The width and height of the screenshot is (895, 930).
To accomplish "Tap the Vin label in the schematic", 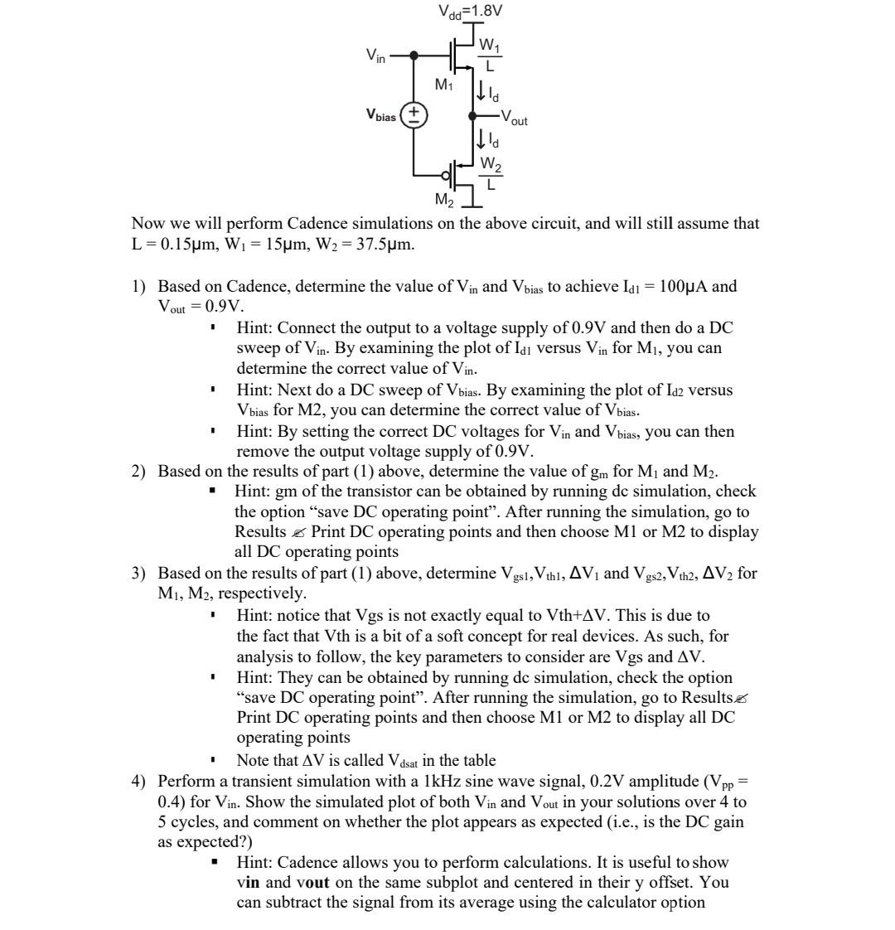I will coord(375,55).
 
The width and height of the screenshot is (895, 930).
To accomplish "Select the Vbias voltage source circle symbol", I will coord(414,114).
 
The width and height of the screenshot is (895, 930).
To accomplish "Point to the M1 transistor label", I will coord(445,85).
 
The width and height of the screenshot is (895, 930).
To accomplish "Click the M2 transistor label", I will coord(445,199).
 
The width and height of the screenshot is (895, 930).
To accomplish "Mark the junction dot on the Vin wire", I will coord(414,56).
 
